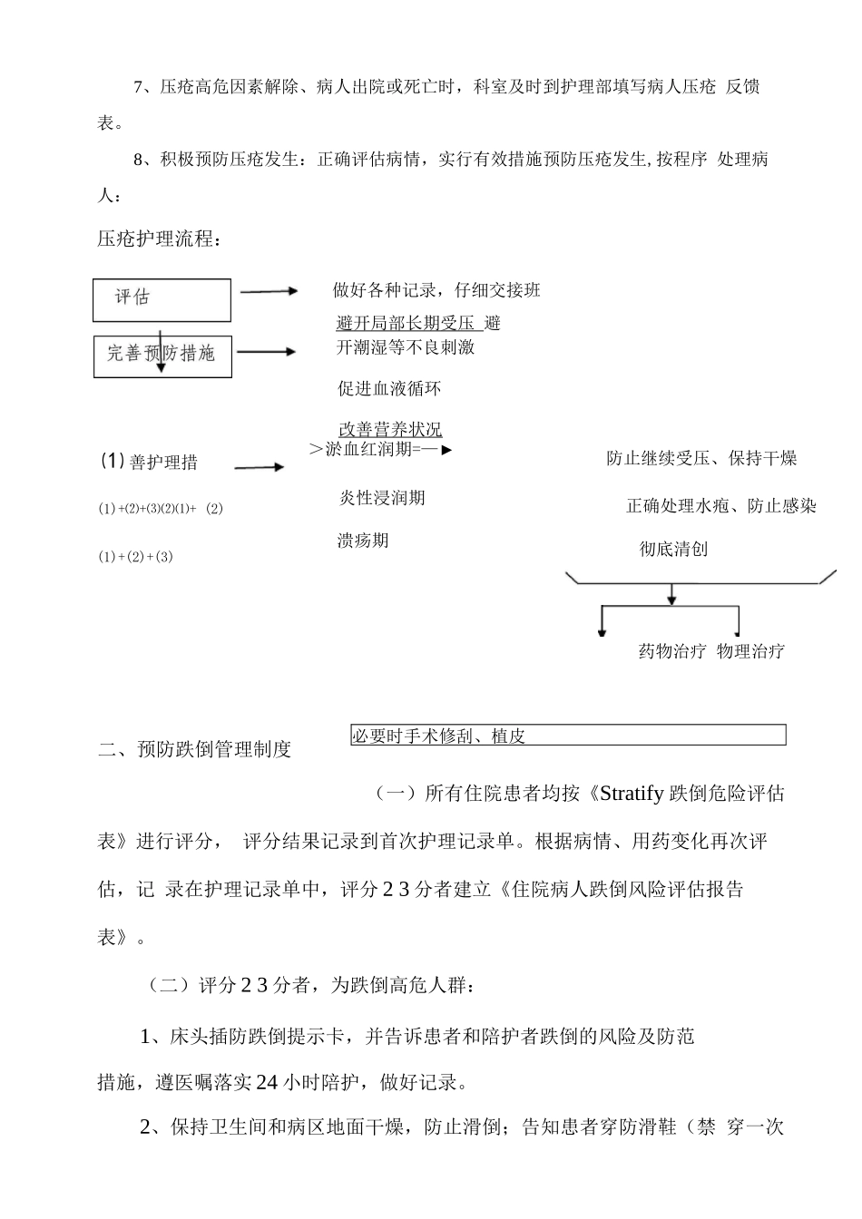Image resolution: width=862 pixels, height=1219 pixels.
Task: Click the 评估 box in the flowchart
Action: pos(162,299)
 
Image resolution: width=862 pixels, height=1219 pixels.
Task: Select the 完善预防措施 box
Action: pos(162,356)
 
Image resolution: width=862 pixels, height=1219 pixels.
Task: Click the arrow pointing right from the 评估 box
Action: pos(269,291)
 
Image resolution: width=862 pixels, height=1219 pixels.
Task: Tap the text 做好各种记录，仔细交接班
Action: pos(436,290)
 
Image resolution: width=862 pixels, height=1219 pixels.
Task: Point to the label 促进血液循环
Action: pos(389,389)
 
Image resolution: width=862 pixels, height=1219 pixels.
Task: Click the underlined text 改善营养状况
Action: pos(390,430)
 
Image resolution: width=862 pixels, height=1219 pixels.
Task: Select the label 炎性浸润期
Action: pos(382,498)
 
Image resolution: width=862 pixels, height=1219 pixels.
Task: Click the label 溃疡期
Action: pos(363,541)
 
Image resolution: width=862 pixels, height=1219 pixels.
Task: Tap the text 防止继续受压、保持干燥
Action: pos(701,458)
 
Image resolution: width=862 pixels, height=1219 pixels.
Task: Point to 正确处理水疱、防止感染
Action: pos(721,506)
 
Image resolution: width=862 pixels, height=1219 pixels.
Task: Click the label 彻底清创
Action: pos(673,549)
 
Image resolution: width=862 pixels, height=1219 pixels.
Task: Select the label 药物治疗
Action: pos(672,651)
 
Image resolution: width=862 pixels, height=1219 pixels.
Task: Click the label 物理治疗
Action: pos(750,651)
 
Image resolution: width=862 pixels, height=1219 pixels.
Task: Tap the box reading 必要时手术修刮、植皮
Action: pos(568,736)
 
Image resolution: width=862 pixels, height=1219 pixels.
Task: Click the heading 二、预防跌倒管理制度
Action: pos(195,749)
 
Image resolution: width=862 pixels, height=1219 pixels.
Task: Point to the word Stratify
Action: pos(632,794)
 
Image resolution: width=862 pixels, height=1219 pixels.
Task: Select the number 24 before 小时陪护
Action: pos(267,1082)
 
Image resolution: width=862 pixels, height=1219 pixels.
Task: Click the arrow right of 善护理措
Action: pos(260,467)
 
